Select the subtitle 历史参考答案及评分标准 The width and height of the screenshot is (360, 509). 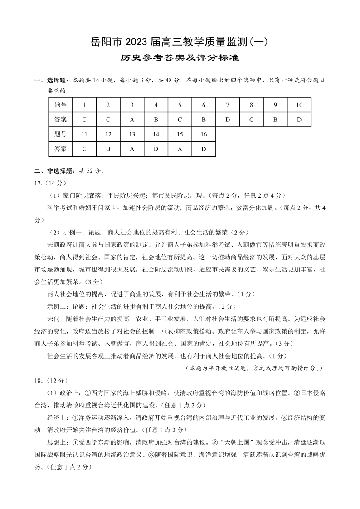tap(180, 58)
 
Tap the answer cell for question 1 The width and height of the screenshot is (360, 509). tap(84, 120)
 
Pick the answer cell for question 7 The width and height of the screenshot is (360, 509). tap(228, 120)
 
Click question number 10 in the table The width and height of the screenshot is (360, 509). tap(299, 105)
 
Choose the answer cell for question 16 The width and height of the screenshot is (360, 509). tap(204, 149)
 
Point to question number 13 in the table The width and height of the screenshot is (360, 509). tap(132, 134)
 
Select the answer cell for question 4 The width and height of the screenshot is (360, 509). tap(156, 120)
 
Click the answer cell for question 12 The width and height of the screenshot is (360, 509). tap(108, 149)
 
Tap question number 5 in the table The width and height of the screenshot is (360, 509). tap(180, 105)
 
